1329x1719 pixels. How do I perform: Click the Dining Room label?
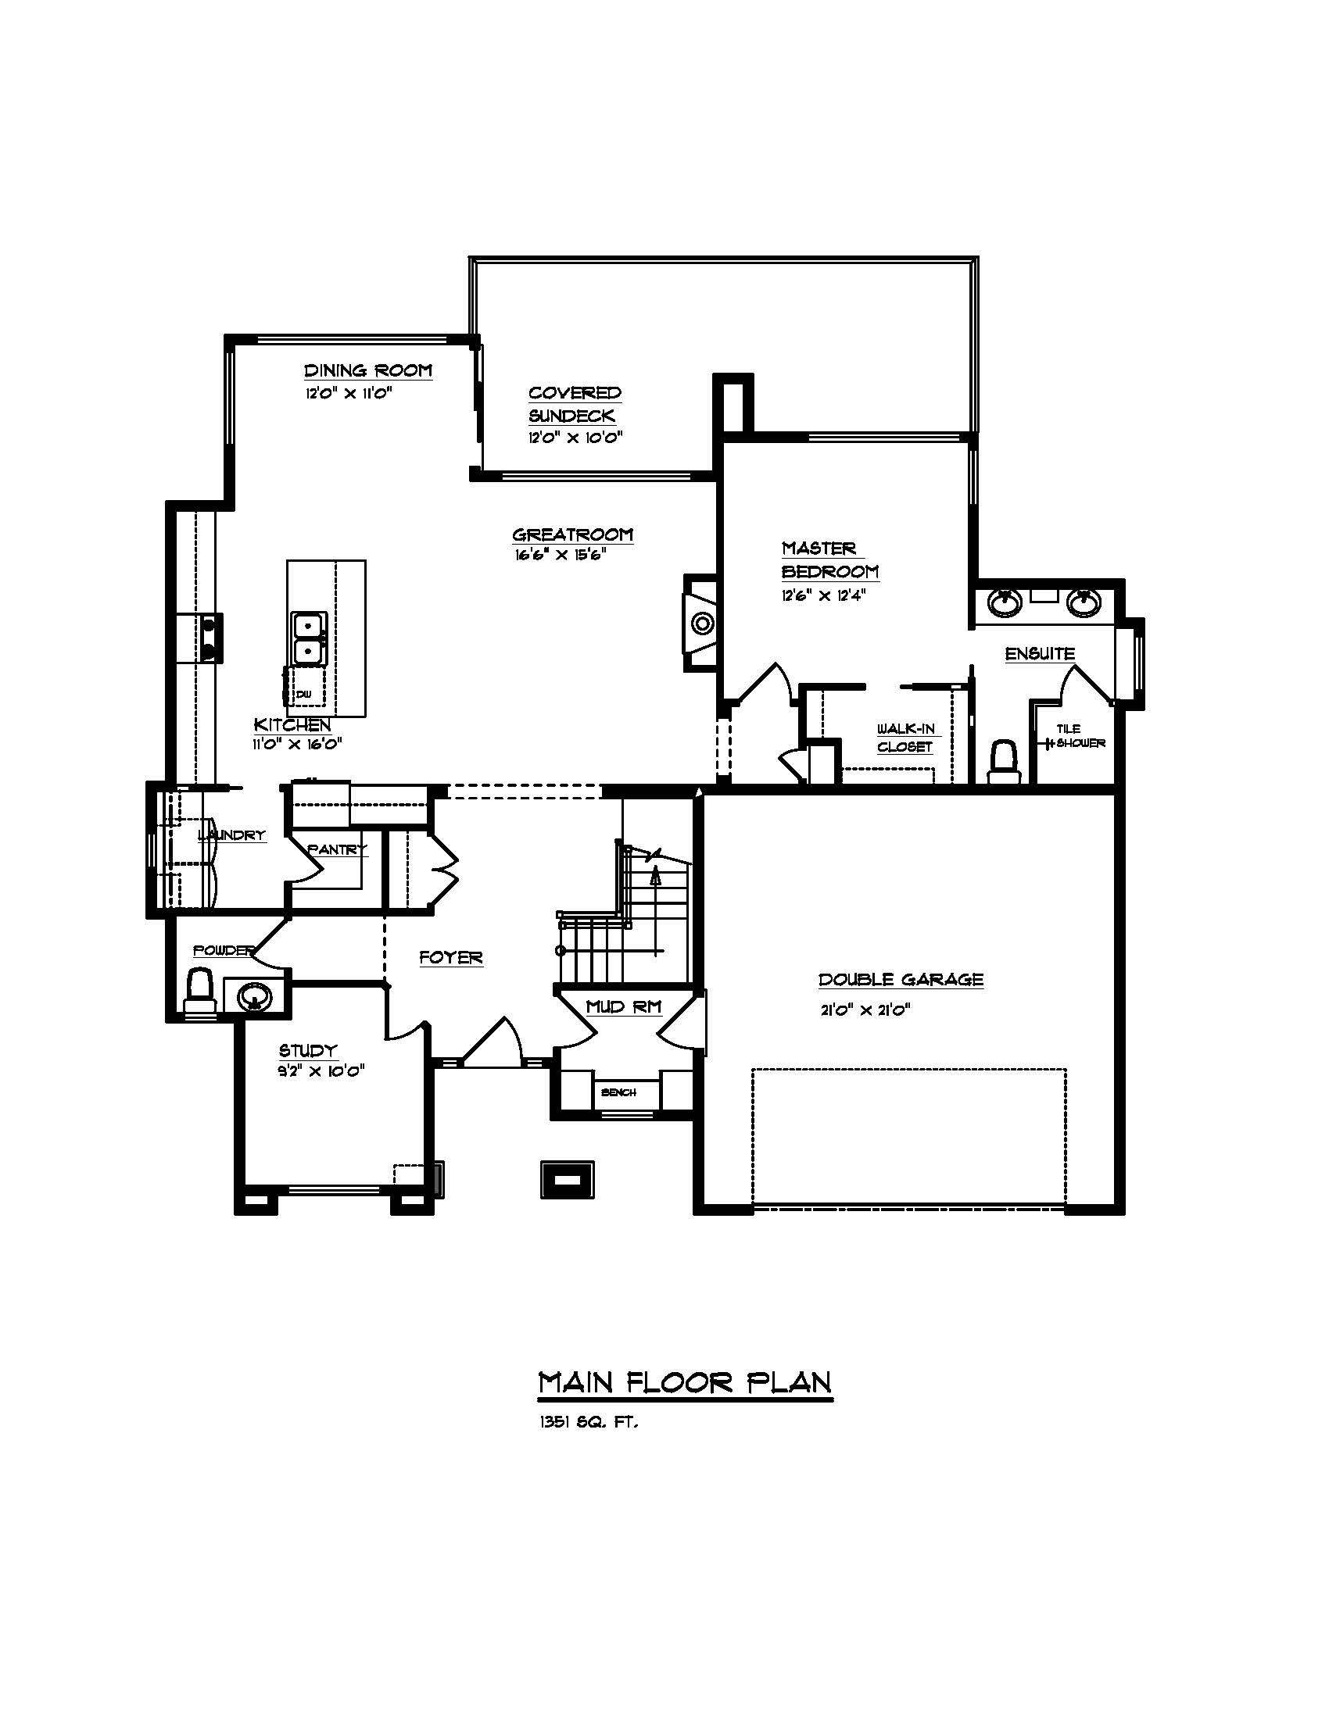coord(367,370)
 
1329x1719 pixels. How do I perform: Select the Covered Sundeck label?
coord(574,404)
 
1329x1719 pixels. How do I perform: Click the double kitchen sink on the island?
coord(310,638)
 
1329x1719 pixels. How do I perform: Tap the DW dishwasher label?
coord(304,694)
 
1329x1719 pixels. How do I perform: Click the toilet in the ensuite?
coord(1003,760)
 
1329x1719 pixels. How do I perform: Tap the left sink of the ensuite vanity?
coord(1005,603)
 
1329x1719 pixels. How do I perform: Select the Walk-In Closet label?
coord(905,738)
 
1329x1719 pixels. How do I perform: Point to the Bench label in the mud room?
coord(618,1092)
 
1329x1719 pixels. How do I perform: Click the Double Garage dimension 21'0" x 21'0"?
coord(865,1010)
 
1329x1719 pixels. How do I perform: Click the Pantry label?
coord(337,850)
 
